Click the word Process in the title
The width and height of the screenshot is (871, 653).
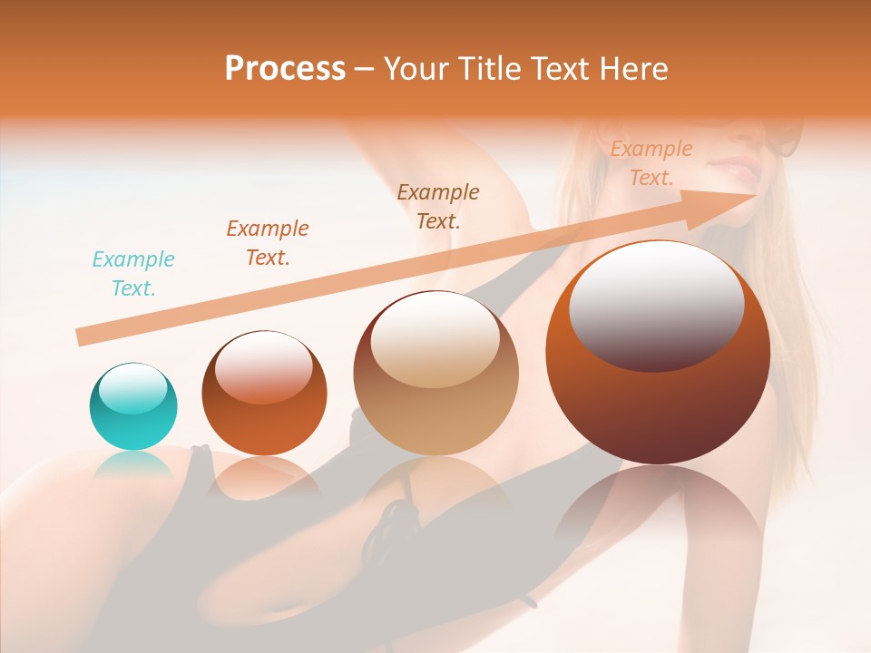pyautogui.click(x=285, y=69)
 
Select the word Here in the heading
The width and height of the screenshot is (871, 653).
pyautogui.click(x=631, y=69)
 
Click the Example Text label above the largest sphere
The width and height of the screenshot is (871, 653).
pyautogui.click(x=651, y=163)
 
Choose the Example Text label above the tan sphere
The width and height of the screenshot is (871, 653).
pyautogui.click(x=438, y=206)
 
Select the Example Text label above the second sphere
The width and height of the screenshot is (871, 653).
pyautogui.click(x=268, y=242)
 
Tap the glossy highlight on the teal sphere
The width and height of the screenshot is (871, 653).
pyautogui.click(x=133, y=388)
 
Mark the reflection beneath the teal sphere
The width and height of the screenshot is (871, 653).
pyautogui.click(x=133, y=464)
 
